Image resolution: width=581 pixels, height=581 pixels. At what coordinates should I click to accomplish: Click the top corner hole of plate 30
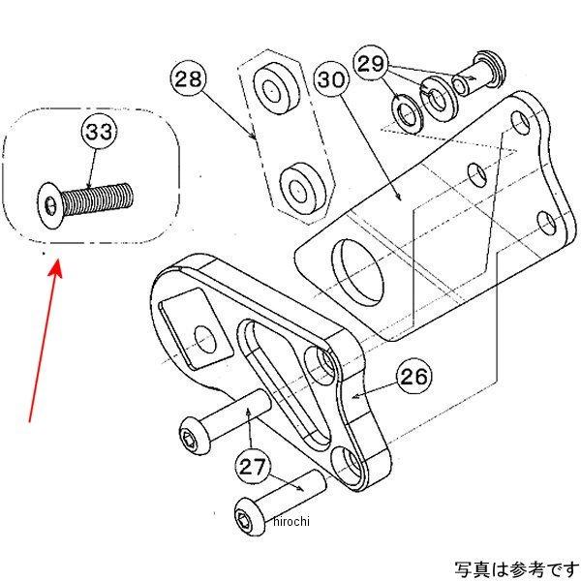[523, 123]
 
